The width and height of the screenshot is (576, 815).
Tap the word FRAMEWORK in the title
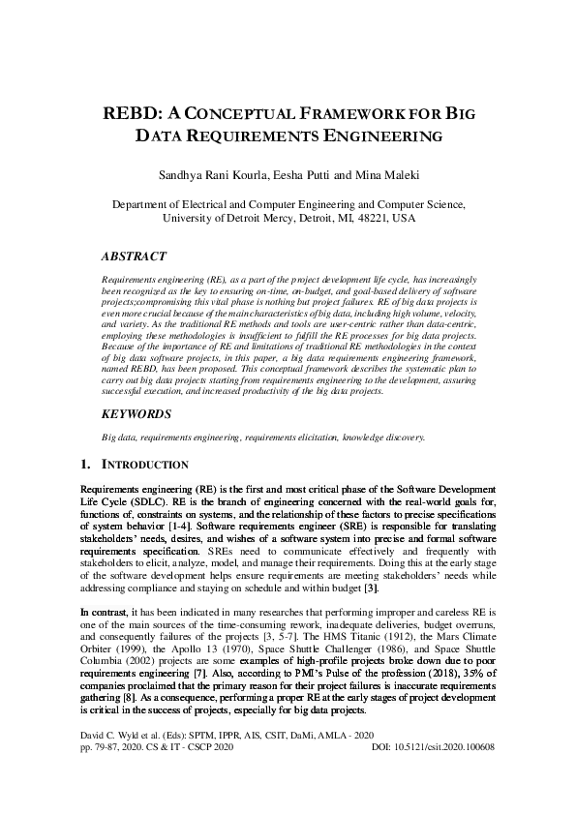[347, 113]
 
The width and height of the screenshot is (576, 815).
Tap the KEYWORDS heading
[136, 414]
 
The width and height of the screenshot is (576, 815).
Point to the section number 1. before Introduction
[86, 465]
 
